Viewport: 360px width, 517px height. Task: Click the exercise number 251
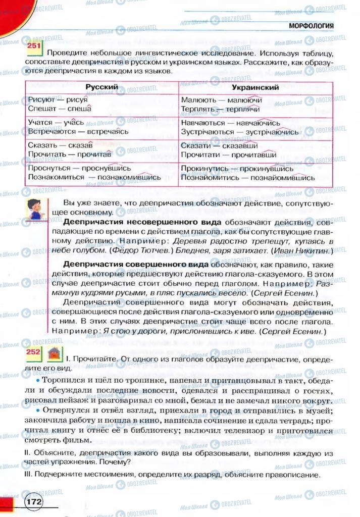34,47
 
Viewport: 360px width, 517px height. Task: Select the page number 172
34,502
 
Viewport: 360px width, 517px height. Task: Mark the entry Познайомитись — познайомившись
247,177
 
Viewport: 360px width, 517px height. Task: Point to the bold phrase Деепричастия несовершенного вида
142,222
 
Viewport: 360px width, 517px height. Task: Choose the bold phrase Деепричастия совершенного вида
135,264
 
